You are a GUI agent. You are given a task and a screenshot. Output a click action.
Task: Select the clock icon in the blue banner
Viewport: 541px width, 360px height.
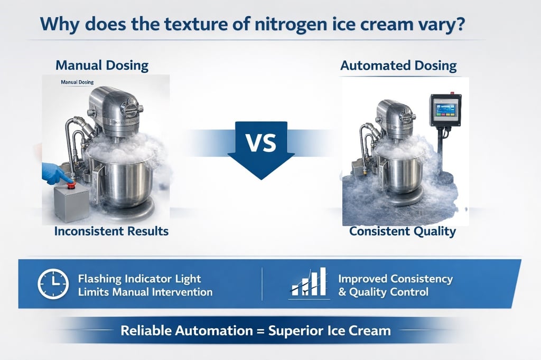coord(52,284)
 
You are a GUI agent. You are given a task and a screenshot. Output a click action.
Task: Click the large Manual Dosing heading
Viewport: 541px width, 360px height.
coord(102,66)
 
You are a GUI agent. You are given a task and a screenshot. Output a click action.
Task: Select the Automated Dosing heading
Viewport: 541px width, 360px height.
coord(398,66)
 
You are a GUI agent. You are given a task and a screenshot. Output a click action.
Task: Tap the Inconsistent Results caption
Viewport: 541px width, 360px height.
coord(111,231)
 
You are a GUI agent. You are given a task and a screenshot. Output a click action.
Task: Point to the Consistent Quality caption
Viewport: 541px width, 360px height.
coord(402,231)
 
